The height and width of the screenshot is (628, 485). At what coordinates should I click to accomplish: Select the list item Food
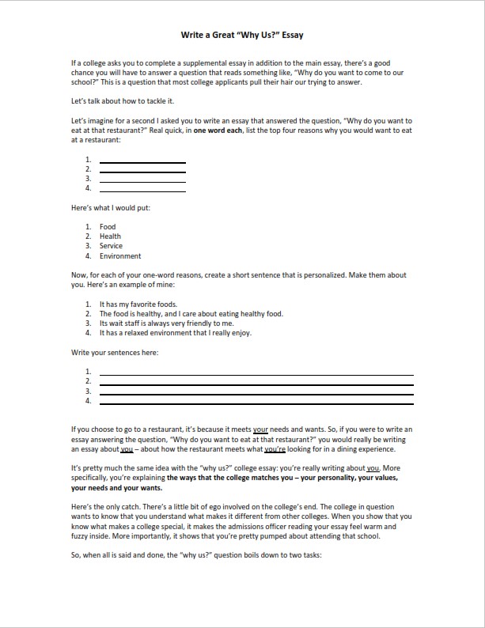108,227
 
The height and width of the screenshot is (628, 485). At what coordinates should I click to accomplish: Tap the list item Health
110,236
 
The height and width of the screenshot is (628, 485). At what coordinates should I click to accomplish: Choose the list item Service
111,246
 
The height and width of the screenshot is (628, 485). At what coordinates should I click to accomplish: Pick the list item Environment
120,256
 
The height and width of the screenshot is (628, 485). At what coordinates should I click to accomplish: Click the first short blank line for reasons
142,162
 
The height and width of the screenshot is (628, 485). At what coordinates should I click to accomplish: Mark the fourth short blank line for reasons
142,191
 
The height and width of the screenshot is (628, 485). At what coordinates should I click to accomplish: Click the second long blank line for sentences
256,384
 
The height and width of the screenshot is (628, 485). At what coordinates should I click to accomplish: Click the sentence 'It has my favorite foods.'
138,305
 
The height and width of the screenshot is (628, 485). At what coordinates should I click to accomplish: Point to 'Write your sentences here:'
115,352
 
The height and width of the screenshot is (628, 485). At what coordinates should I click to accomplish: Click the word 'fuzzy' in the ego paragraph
81,535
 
